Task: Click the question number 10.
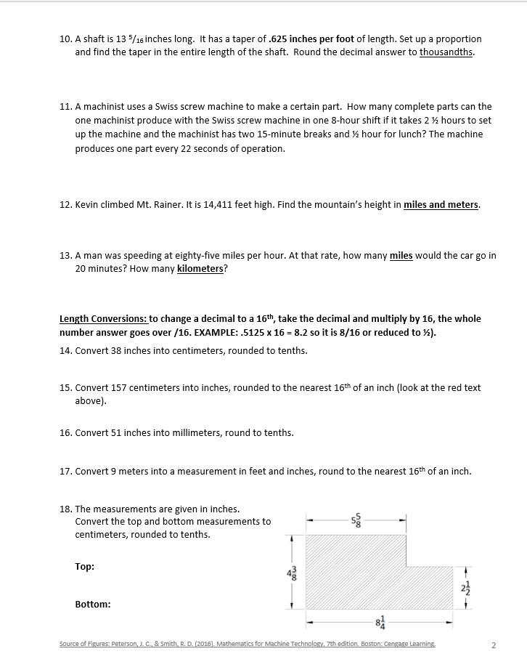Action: [65, 39]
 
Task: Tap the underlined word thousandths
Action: [446, 52]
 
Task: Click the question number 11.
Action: [65, 107]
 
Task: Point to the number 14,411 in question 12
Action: [224, 205]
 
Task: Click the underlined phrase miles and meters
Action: [441, 205]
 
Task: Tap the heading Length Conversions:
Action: [103, 319]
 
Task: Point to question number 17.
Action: [65, 472]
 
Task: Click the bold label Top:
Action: [84, 567]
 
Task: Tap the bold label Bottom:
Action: [93, 605]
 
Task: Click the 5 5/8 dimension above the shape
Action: [355, 520]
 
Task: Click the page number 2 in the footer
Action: [494, 645]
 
